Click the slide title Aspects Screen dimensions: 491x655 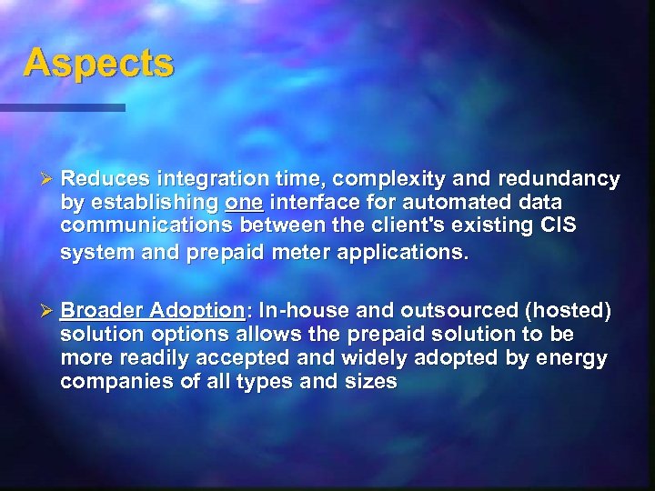(x=97, y=64)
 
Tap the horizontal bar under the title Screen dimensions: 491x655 (x=63, y=107)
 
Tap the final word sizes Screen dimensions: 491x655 (x=370, y=381)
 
